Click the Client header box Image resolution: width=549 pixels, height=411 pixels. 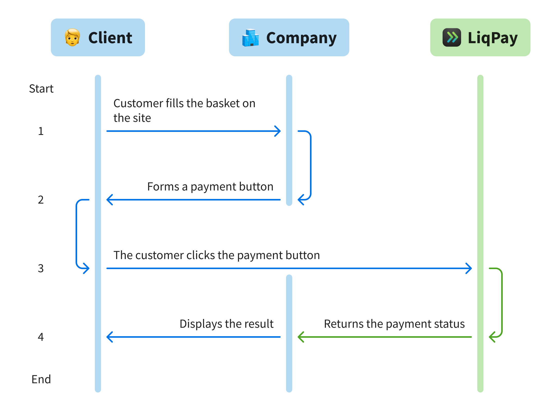98,38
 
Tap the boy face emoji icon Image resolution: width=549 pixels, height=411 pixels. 72,38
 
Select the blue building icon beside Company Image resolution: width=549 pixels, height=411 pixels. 250,38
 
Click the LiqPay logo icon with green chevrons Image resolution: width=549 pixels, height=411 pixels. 452,38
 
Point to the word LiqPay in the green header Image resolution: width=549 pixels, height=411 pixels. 492,38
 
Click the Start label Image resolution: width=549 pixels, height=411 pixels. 41,89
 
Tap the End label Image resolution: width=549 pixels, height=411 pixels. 41,379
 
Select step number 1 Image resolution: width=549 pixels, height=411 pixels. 41,131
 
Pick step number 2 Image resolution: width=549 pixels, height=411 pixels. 41,200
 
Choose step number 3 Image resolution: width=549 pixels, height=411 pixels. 41,269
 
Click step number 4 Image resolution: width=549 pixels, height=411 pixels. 41,337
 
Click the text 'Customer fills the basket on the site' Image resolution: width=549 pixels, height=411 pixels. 184,111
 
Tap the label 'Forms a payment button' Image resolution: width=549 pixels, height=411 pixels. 210,187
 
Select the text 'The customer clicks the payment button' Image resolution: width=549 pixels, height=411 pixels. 216,255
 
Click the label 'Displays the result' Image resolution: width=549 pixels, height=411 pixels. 226,324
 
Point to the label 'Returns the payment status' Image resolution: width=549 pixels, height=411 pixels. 394,324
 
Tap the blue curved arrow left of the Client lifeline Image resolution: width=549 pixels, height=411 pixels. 77,234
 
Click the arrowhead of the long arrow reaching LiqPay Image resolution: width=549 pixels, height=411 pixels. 469,268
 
